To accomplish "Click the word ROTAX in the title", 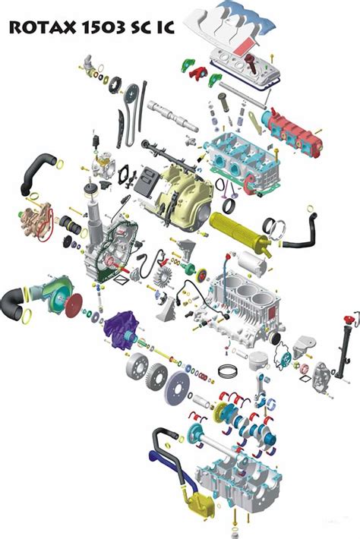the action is pyautogui.click(x=43, y=27).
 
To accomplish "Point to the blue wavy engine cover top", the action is pyautogui.click(x=247, y=15).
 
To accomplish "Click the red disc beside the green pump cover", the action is pyautogui.click(x=73, y=306).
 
